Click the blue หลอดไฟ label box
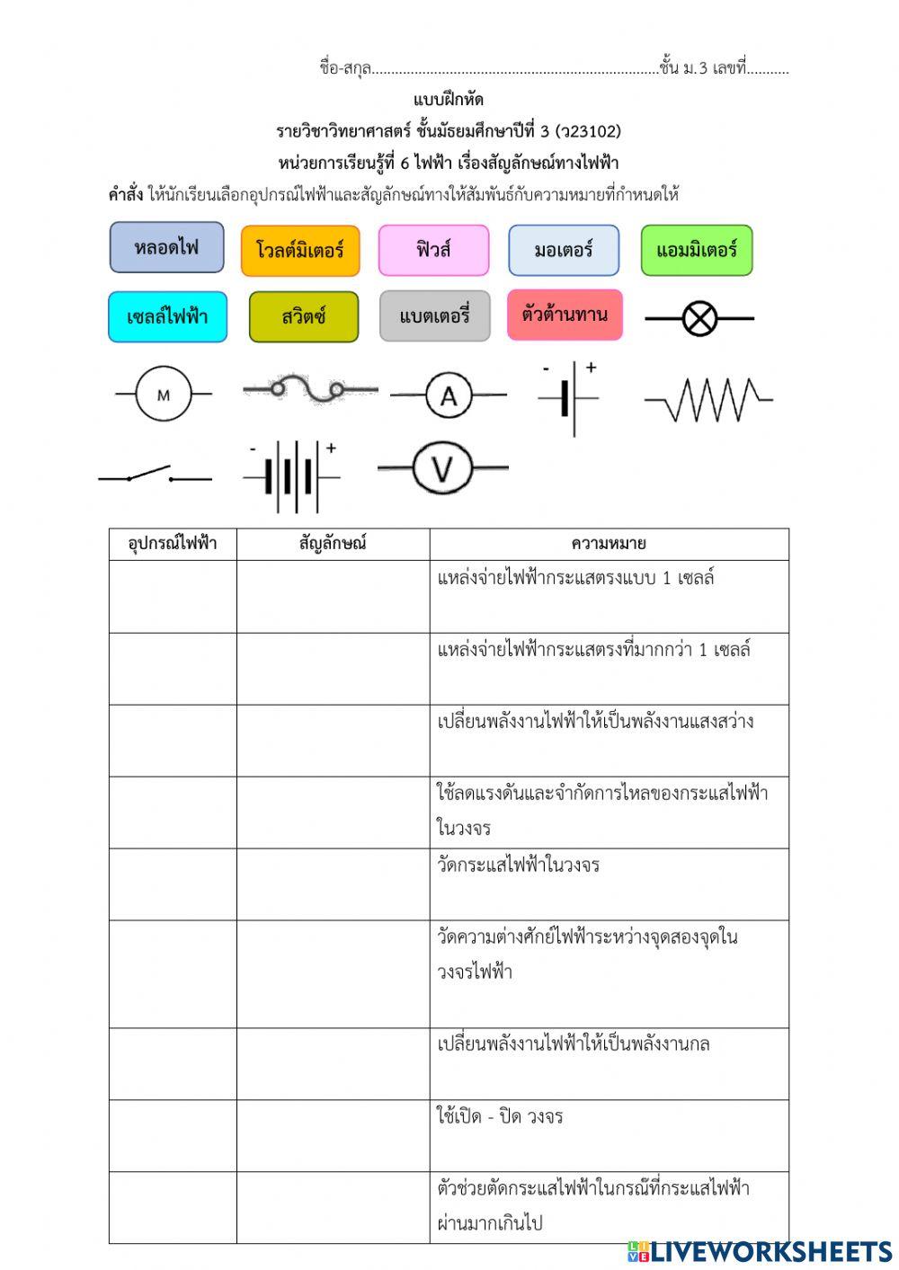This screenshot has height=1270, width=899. click(166, 247)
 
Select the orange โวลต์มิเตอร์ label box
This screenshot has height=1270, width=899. click(300, 250)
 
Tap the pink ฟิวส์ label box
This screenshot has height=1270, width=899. click(433, 250)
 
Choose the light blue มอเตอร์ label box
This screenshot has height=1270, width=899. click(564, 250)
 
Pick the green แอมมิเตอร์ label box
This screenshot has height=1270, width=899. click(697, 250)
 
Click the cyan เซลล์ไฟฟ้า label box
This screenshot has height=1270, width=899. click(167, 316)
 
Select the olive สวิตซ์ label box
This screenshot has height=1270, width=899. click(304, 316)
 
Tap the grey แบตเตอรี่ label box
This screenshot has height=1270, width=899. click(435, 316)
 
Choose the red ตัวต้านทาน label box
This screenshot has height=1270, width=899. click(565, 315)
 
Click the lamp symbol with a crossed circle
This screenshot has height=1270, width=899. click(699, 318)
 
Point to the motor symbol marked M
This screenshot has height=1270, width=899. click(164, 395)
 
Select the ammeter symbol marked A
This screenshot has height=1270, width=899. click(449, 395)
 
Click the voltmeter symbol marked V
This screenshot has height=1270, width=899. click(441, 468)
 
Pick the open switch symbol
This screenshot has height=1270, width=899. click(155, 475)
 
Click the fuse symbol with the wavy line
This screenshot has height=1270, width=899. click(310, 389)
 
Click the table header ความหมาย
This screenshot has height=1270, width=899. click(609, 544)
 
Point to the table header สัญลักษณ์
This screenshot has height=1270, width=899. click(333, 544)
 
